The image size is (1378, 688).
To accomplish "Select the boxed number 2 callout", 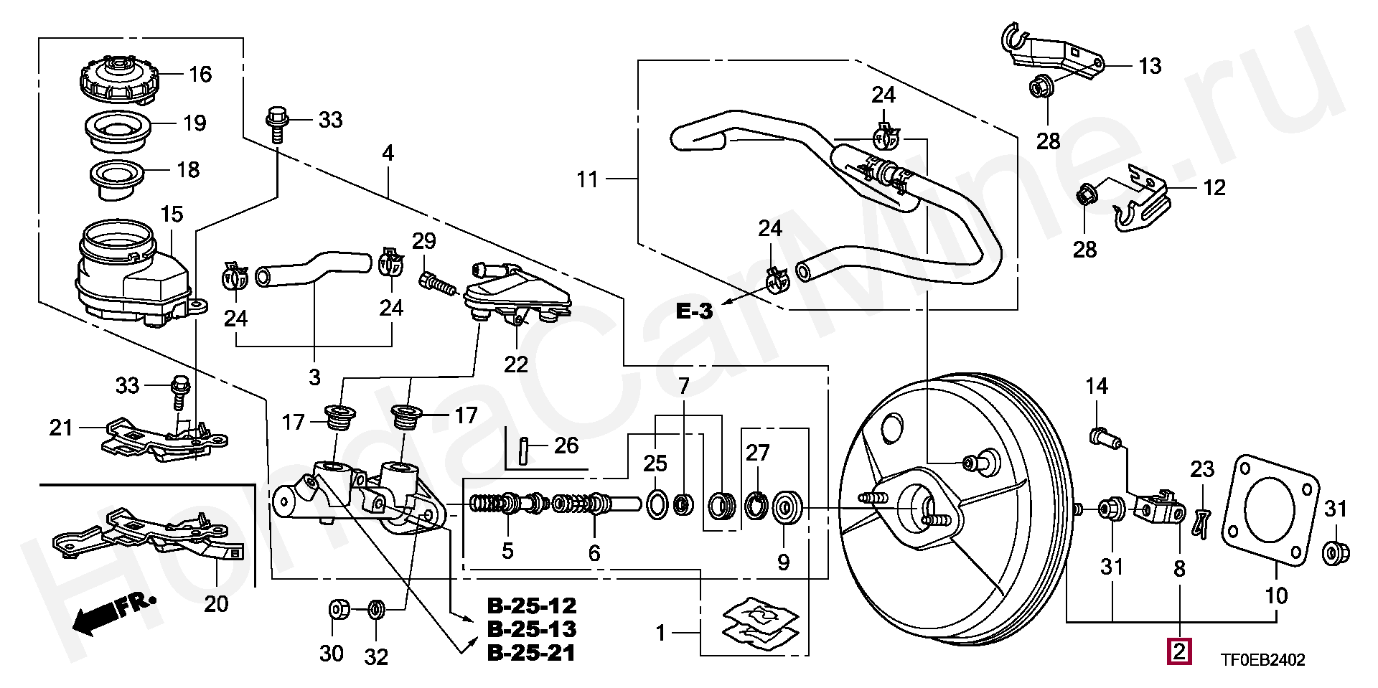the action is click(1179, 651).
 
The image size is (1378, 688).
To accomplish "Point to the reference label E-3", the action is click(694, 311).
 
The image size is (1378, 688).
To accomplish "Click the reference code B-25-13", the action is click(532, 629).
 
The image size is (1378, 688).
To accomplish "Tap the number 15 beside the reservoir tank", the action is click(172, 214).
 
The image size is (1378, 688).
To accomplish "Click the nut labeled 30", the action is click(338, 610).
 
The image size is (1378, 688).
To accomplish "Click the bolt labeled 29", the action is click(437, 283).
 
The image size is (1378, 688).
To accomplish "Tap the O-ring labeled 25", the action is click(657, 504).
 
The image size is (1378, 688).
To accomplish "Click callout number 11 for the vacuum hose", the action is click(587, 179).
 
